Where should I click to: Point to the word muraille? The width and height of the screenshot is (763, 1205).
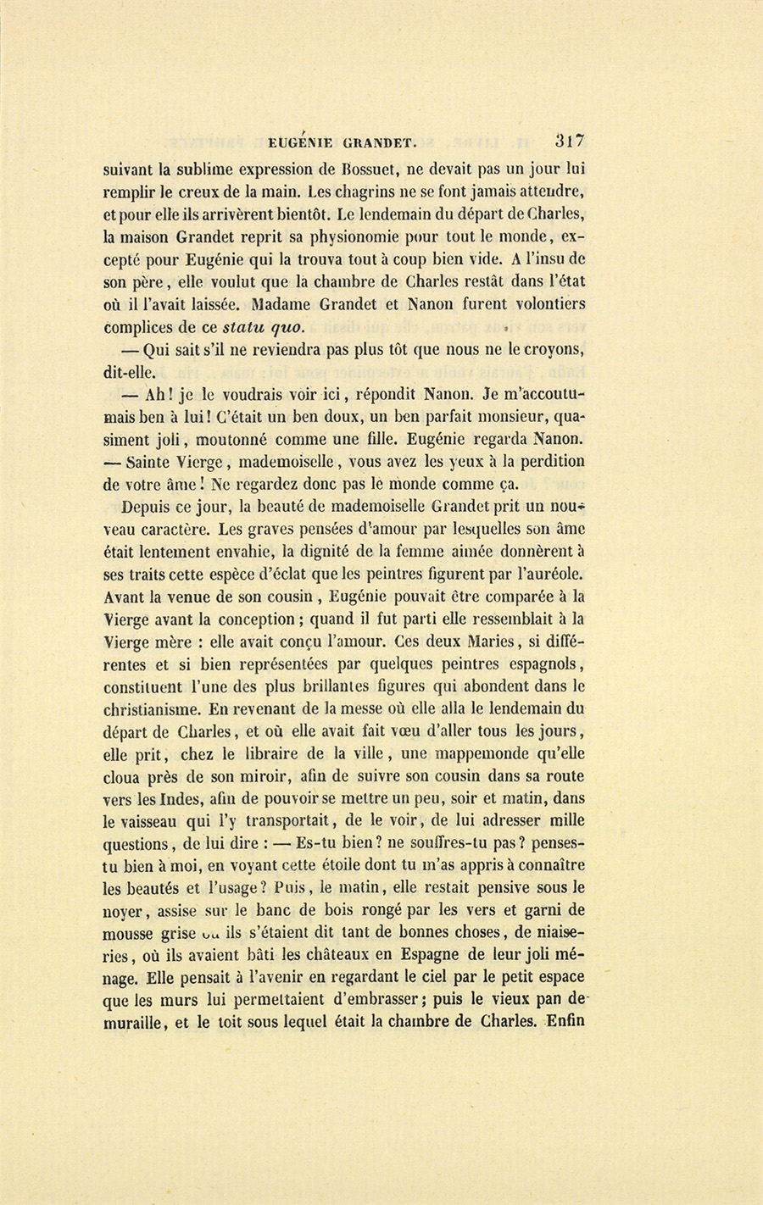click(135, 1022)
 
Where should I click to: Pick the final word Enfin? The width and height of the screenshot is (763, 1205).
click(565, 1021)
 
